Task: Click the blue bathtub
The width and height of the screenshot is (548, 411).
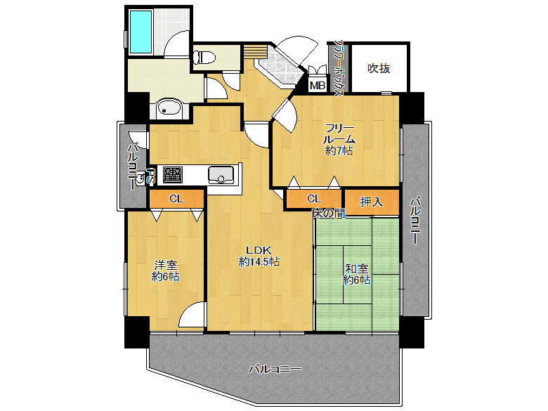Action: (141, 32)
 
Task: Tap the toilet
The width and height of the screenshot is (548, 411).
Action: (206, 57)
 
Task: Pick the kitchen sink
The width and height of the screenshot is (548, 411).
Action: (221, 175)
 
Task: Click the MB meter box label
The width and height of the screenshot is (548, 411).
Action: (318, 85)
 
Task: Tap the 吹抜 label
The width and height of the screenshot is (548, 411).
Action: (379, 68)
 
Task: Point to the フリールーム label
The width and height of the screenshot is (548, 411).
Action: (339, 134)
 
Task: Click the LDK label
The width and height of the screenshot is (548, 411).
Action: (259, 250)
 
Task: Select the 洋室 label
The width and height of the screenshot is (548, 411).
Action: (166, 265)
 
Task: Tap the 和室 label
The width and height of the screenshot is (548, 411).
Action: (356, 269)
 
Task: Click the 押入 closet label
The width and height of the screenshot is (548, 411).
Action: (372, 202)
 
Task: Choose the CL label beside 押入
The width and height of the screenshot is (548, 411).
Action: (314, 199)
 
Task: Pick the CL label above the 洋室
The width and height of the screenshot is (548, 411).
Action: (176, 199)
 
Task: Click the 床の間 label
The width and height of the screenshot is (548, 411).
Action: (329, 213)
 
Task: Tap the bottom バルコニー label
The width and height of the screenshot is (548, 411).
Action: (275, 369)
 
